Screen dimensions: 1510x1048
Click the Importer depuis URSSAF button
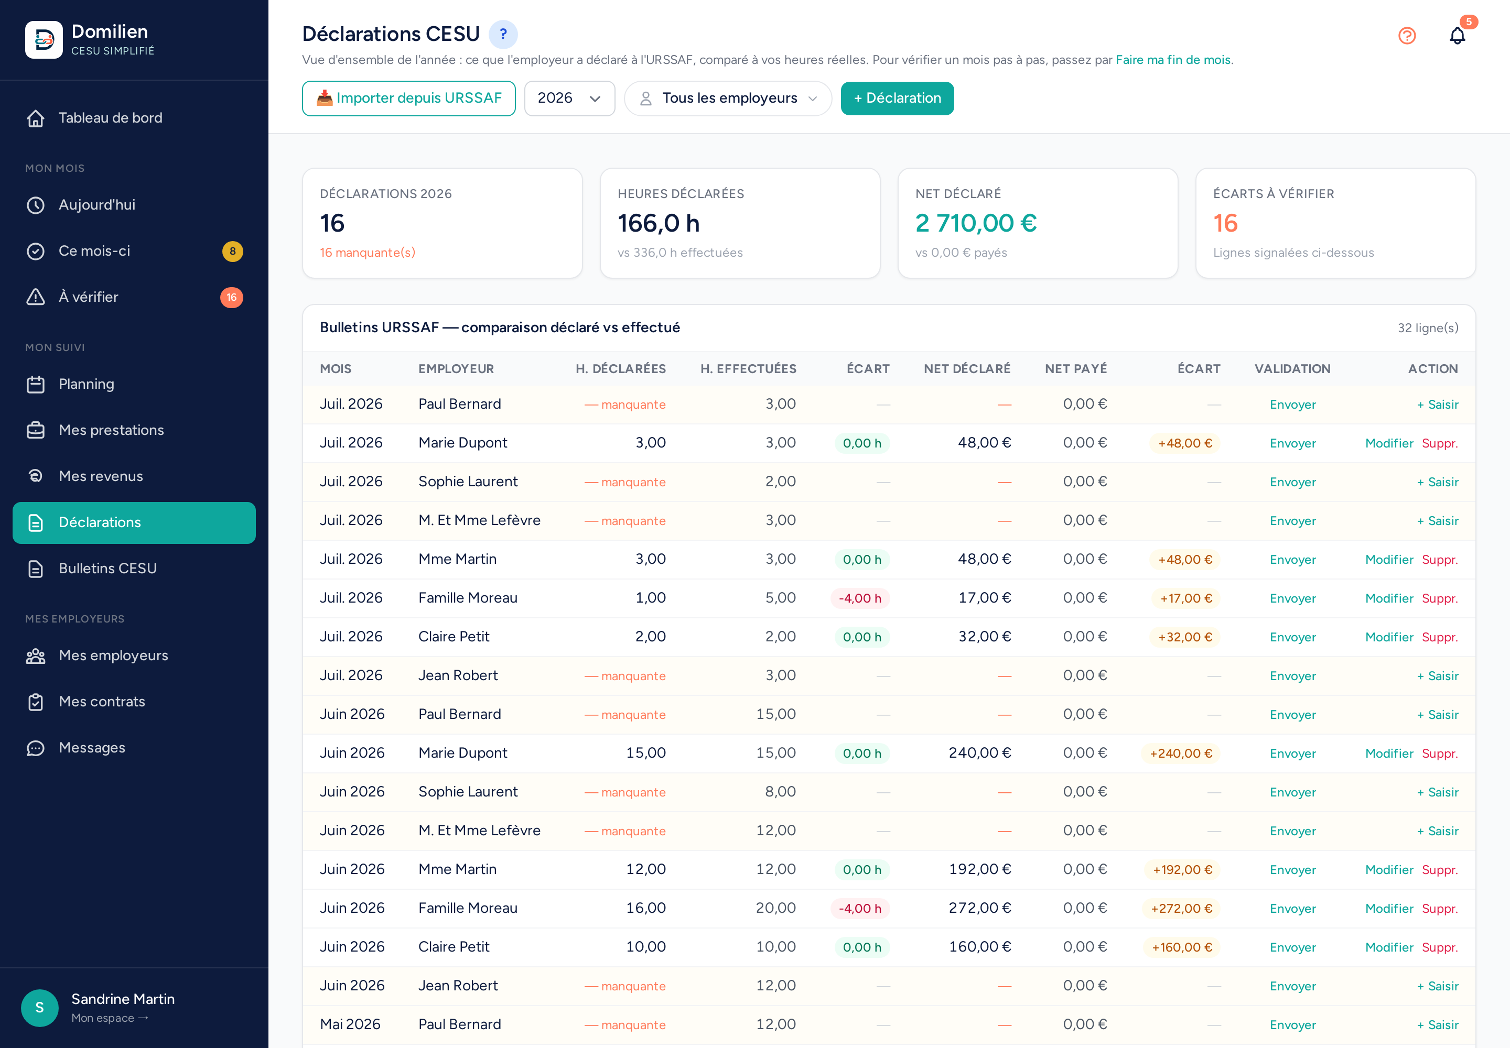coord(409,99)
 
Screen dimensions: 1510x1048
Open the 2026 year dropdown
coord(569,99)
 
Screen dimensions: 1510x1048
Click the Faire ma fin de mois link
coord(1173,60)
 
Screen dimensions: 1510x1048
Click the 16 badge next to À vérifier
coord(231,298)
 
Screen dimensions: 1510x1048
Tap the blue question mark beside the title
coord(503,34)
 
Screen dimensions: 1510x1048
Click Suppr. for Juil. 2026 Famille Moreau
coord(1440,598)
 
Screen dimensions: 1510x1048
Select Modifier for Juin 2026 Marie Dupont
coord(1389,753)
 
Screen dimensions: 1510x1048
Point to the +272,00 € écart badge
coord(1181,908)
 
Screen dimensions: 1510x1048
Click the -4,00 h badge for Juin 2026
coord(860,908)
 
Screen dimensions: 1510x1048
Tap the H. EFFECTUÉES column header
coord(748,369)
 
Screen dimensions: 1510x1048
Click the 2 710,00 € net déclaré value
coord(976,223)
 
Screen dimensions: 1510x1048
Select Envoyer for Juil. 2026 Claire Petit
coord(1292,637)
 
